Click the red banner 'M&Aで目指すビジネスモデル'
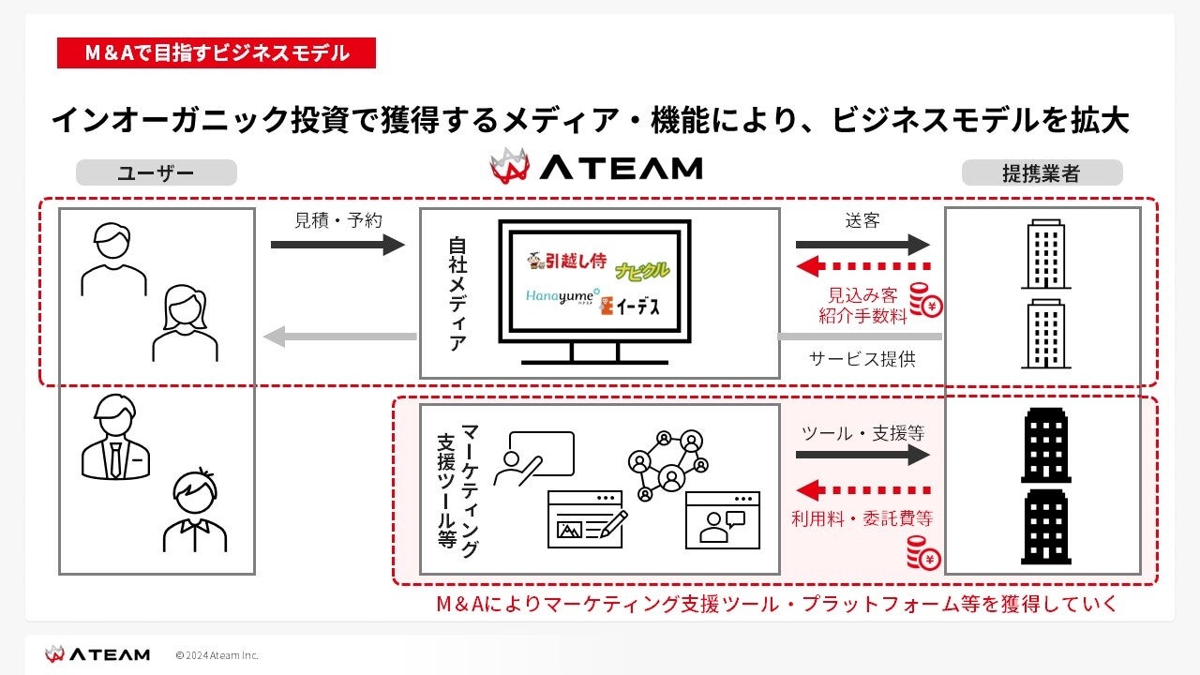pyautogui.click(x=217, y=53)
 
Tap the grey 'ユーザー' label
pyautogui.click(x=156, y=172)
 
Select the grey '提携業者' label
pyautogui.click(x=1041, y=172)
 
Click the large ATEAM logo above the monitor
pyautogui.click(x=596, y=167)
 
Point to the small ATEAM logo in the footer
pyautogui.click(x=97, y=653)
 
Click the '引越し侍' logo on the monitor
pyautogui.click(x=565, y=260)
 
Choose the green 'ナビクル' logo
pyautogui.click(x=642, y=271)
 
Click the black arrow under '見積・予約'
pyautogui.click(x=337, y=245)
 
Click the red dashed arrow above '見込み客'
pyautogui.click(x=862, y=265)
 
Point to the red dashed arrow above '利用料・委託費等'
pyautogui.click(x=862, y=489)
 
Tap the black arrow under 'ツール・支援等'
pyautogui.click(x=862, y=455)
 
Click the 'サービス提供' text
pyautogui.click(x=862, y=359)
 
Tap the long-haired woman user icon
pyautogui.click(x=185, y=323)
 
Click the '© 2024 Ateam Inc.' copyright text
pyautogui.click(x=217, y=654)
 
